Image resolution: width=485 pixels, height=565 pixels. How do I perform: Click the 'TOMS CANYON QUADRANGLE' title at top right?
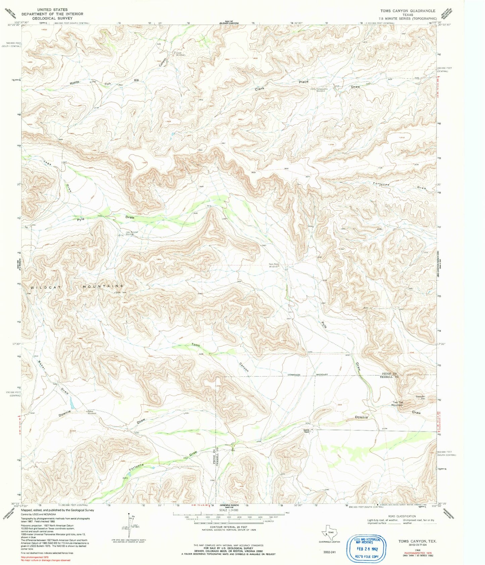pyautogui.click(x=407, y=11)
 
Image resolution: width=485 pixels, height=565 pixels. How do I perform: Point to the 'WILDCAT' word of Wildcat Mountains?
pyautogui.click(x=41, y=288)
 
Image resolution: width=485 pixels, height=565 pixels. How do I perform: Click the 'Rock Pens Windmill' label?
pyautogui.click(x=274, y=265)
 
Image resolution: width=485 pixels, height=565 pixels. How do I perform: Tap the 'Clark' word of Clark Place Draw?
pyautogui.click(x=259, y=89)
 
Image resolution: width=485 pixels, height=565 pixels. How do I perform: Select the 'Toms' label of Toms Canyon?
pyautogui.click(x=196, y=345)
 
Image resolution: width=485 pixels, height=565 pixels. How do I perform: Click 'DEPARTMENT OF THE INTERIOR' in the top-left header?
pyautogui.click(x=52, y=14)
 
